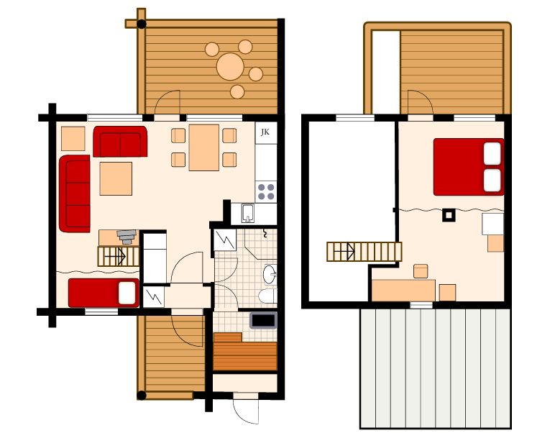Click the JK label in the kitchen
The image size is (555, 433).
(265, 132)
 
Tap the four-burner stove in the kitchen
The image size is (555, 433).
(266, 191)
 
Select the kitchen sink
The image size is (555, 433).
(247, 213)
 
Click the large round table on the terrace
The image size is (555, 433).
(231, 67)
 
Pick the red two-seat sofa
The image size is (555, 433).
(120, 141)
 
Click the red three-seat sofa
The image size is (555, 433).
(75, 193)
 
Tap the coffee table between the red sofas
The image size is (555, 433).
(116, 178)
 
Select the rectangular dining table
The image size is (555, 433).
(204, 147)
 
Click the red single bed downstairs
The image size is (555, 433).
(104, 293)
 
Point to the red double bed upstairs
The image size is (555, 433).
(469, 167)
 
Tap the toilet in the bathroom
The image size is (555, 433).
(267, 296)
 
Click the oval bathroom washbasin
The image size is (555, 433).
(270, 274)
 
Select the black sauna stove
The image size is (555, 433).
(263, 320)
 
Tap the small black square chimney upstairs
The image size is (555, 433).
(449, 215)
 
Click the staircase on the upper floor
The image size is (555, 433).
(364, 251)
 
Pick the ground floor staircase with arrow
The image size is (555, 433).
(119, 256)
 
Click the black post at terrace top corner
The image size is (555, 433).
(141, 24)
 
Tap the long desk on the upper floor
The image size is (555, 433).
(403, 290)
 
